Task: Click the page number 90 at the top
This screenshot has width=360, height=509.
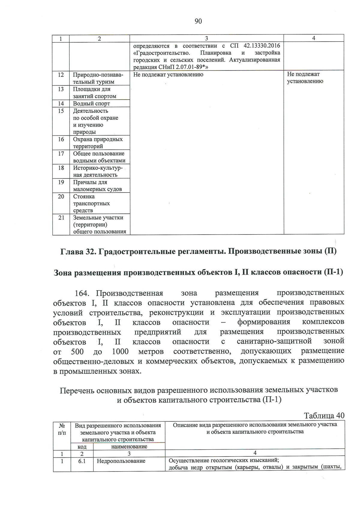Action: click(x=198, y=21)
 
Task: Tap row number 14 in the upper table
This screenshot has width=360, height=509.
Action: click(x=61, y=103)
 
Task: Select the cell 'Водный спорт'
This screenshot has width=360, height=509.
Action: click(x=91, y=103)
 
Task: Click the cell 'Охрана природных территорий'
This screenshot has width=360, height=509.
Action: click(x=98, y=143)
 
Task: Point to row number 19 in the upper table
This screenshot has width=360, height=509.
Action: click(x=61, y=182)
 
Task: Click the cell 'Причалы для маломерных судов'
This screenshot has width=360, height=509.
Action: click(x=97, y=186)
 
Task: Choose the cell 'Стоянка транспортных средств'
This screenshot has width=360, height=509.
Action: click(x=91, y=203)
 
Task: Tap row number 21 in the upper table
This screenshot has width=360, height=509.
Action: click(x=61, y=218)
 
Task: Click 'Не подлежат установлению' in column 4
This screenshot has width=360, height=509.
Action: click(x=305, y=78)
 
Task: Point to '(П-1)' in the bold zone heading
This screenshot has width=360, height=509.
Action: click(x=333, y=272)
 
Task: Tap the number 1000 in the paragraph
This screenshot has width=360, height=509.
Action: click(x=120, y=351)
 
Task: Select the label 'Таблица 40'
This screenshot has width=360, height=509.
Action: click(x=324, y=415)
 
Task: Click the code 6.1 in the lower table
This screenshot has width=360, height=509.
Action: click(x=82, y=461)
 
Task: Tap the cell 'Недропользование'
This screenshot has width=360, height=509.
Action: click(x=121, y=461)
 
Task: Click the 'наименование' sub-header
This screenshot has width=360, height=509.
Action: click(x=129, y=447)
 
